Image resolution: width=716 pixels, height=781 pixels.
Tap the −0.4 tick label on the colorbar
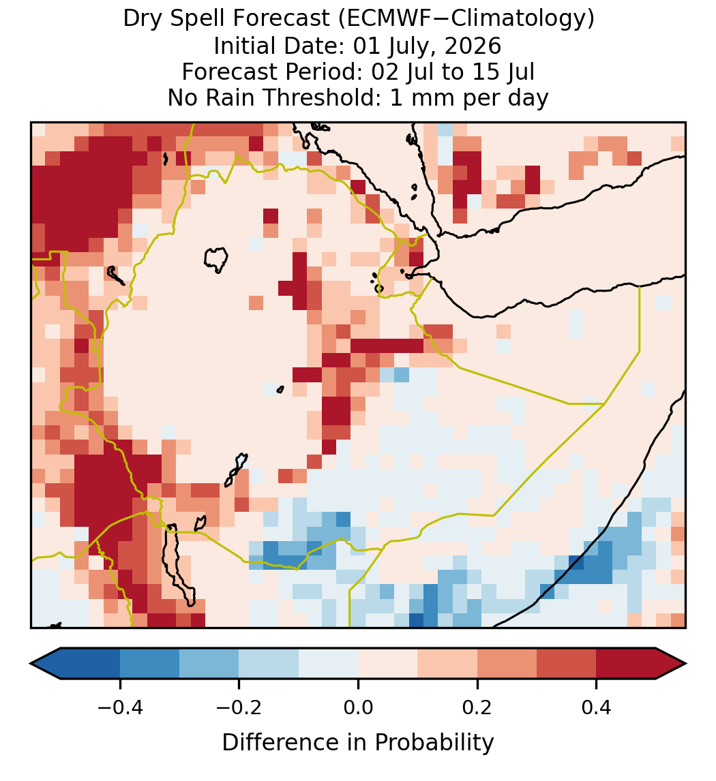119,707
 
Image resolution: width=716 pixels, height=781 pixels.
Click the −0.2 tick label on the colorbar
239,707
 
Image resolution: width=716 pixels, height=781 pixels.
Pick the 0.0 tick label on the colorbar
358,707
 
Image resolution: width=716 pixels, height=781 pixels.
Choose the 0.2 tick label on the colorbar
477,707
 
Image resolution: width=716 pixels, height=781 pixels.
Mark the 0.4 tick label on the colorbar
597,707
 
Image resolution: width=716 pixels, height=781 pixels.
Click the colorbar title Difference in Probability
358,743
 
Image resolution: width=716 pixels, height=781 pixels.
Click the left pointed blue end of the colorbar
45,664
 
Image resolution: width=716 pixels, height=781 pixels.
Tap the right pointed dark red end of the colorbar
671,664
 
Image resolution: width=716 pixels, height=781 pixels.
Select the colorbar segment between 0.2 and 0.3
507,664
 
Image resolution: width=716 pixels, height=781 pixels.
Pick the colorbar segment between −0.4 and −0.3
149,664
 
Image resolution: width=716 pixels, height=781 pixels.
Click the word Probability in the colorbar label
434,743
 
